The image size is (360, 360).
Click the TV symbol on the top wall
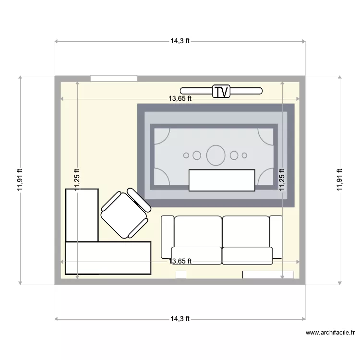coord(221,91)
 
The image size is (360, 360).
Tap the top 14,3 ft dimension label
coord(180,41)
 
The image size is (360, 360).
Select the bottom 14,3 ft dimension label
coord(180,319)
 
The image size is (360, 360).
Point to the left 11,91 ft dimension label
coord(20,180)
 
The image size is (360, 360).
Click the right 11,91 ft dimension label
coord(340,180)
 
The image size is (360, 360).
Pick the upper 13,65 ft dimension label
coord(180,99)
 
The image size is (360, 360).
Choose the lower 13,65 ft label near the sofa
coord(180,262)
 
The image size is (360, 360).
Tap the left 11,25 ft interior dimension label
coord(77,180)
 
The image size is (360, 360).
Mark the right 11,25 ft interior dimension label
coord(282,180)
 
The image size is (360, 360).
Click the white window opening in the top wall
coord(114,78)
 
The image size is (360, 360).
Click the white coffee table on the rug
coord(221,180)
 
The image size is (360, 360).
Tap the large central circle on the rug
coord(216,155)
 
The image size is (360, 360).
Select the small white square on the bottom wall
coord(181,275)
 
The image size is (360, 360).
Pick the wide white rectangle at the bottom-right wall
coord(268,275)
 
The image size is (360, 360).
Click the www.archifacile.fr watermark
coord(330,332)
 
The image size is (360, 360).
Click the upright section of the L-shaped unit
coord(82,215)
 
